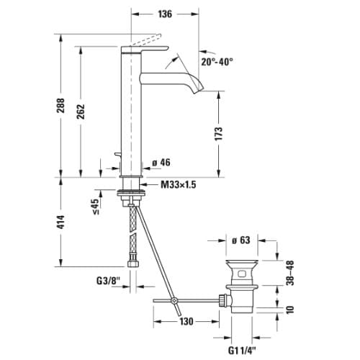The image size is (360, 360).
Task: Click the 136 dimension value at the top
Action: point(165,14)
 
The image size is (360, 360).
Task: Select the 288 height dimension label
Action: point(60,106)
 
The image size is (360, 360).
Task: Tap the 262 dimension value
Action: point(81,112)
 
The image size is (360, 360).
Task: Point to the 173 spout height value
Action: point(219,134)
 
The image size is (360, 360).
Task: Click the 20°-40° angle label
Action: point(217,62)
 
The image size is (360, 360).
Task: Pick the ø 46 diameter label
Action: point(161,163)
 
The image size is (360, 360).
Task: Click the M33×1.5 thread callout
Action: point(179,184)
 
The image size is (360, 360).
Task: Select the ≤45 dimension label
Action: point(95,207)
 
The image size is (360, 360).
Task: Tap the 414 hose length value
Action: point(60,222)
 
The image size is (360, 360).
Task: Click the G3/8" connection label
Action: point(108,281)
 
